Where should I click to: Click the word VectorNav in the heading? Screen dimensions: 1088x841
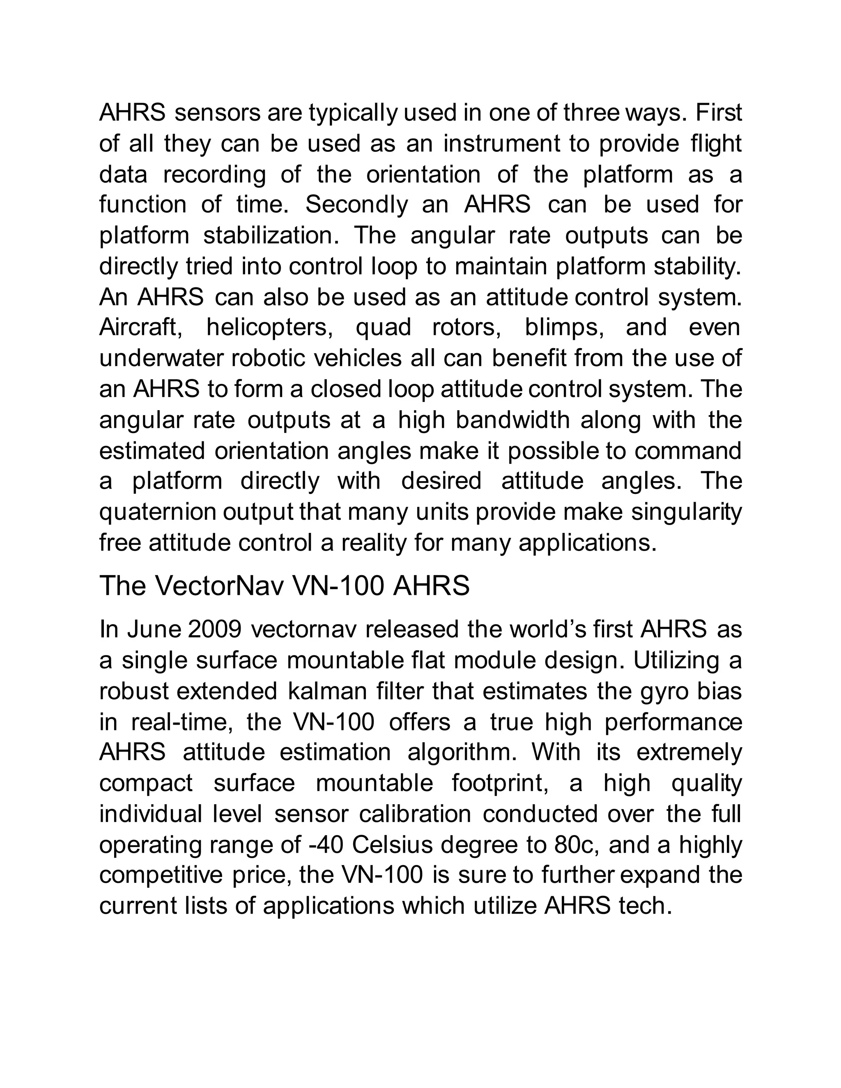tap(219, 586)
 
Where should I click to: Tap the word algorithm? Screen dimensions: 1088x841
tap(462, 753)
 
